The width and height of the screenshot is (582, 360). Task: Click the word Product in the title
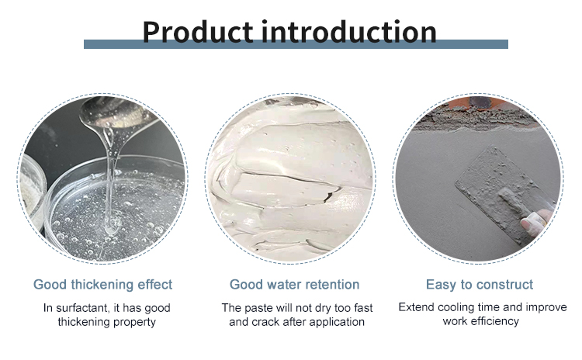197,32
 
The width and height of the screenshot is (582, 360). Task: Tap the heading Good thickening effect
102,284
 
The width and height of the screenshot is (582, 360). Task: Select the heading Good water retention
294,284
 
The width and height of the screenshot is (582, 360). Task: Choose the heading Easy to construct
480,284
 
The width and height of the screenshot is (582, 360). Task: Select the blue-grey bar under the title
296,45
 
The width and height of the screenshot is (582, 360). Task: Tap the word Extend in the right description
417,307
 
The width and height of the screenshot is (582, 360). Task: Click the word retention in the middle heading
332,284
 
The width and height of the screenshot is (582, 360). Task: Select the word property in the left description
136,321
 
